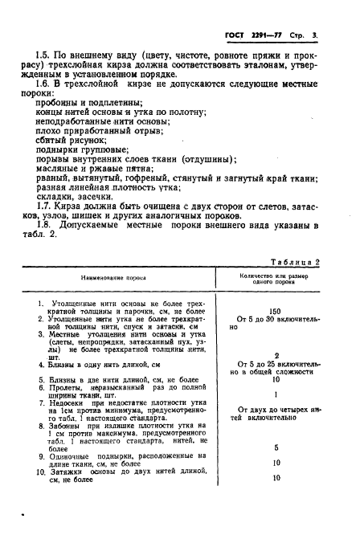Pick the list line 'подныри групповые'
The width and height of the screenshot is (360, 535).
pyautogui.click(x=80, y=150)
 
